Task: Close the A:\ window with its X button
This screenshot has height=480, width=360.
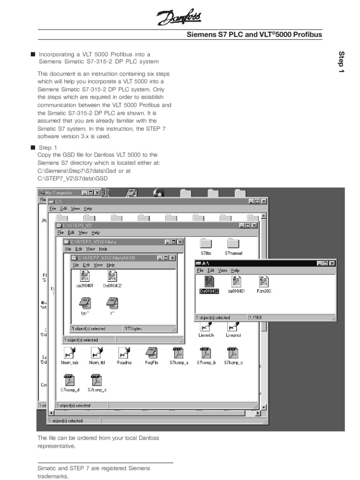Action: pos(332,263)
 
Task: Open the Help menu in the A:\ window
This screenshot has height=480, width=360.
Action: pos(235,270)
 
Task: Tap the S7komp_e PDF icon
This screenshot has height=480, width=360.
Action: pos(97,380)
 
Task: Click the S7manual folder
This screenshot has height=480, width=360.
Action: pos(233,243)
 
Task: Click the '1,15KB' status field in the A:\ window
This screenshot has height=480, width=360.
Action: pos(255,317)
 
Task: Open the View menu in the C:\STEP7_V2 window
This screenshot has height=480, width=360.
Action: pos(83,232)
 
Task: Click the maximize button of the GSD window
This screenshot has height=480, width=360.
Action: pos(166,258)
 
